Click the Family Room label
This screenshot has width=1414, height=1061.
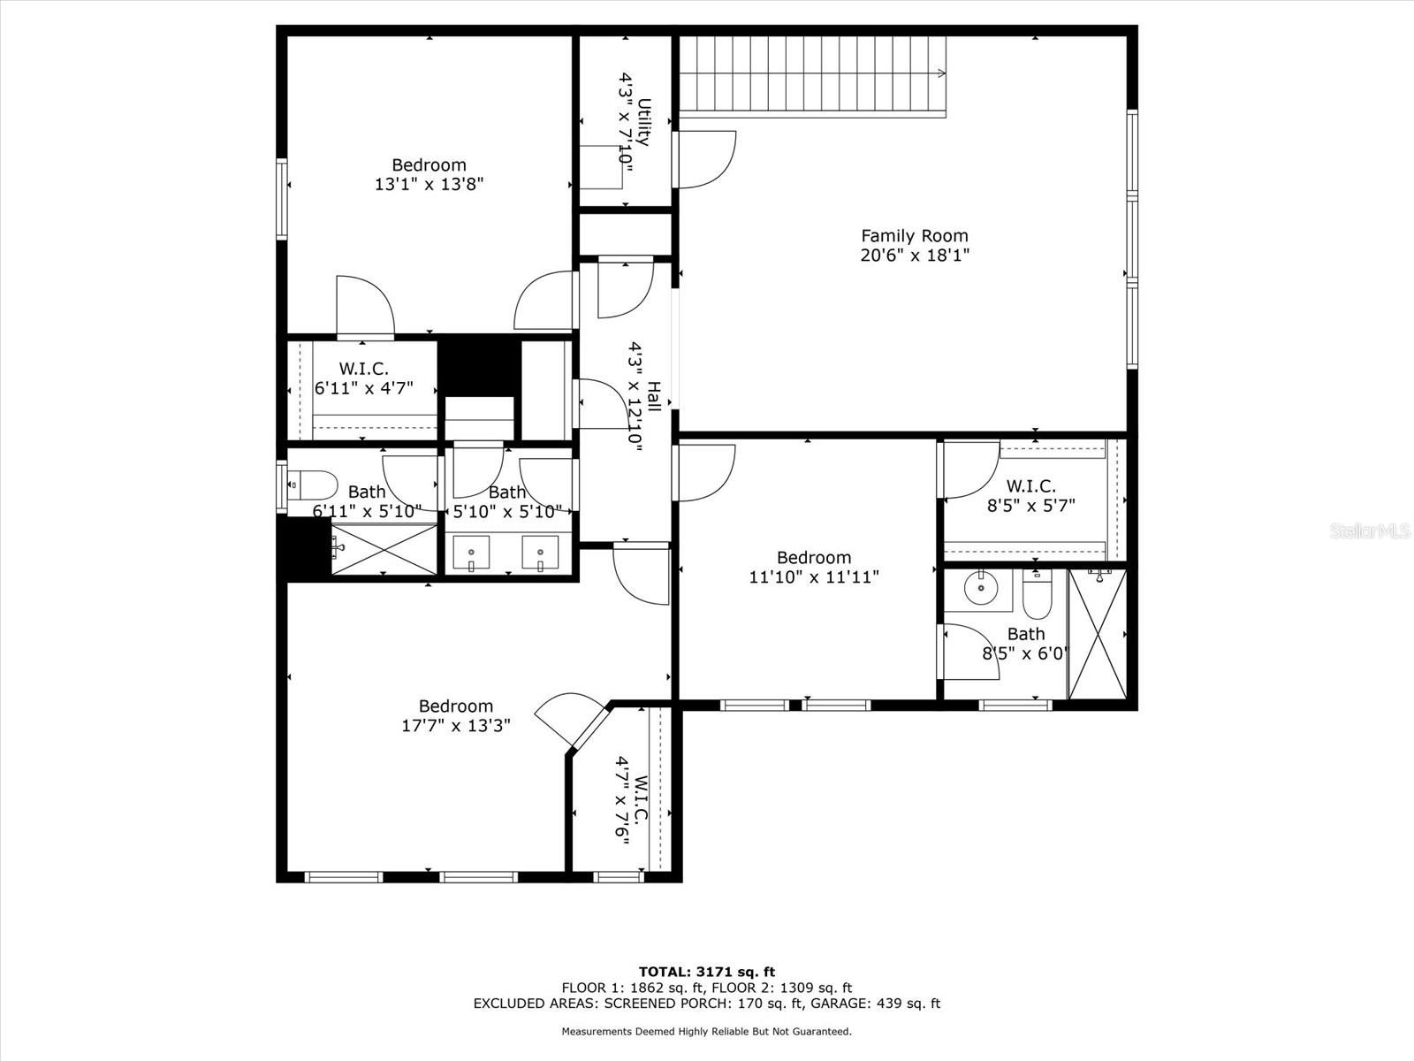915,236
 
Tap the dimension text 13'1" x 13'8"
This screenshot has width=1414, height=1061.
429,185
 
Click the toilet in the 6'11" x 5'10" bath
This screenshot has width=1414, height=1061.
314,485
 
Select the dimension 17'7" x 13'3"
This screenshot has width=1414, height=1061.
455,726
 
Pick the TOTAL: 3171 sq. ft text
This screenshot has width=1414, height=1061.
707,972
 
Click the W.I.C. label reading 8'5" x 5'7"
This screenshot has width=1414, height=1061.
1030,486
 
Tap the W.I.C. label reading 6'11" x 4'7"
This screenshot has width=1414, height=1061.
363,370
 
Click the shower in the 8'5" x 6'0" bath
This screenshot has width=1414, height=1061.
1098,634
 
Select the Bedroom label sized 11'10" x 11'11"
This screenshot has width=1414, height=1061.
813,558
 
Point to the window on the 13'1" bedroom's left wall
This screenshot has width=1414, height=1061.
281,199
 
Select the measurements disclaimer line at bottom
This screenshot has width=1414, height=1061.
707,1031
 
